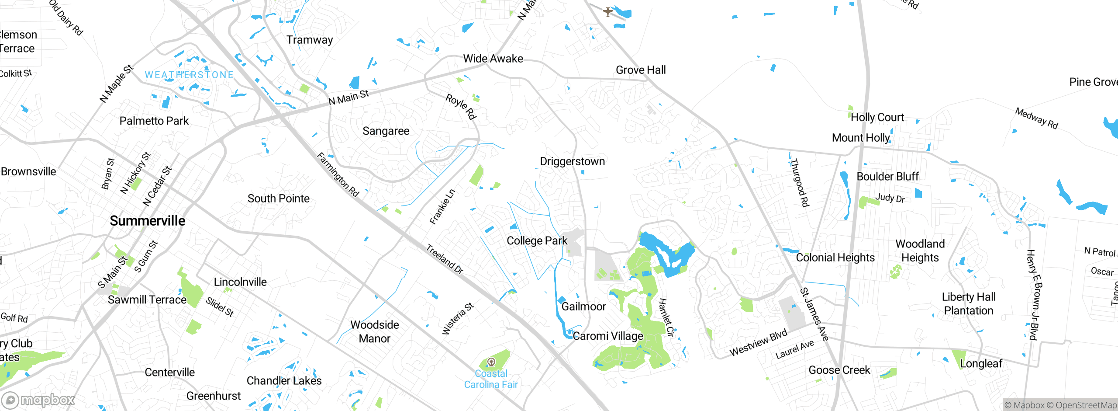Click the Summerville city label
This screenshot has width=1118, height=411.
[147, 221]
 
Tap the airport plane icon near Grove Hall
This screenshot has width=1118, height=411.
[607, 12]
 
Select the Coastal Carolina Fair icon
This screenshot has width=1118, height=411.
[491, 362]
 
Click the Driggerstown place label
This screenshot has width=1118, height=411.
[572, 161]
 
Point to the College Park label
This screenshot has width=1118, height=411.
[537, 241]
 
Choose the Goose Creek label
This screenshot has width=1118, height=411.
[839, 370]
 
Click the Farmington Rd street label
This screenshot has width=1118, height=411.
[338, 174]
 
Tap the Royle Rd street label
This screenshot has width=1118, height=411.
[461, 107]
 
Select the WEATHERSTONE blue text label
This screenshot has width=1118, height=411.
[189, 75]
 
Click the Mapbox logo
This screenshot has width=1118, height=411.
[38, 400]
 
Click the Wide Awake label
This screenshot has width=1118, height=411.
[493, 59]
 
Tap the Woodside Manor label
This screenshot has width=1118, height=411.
[375, 331]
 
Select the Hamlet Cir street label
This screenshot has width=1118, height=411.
[666, 317]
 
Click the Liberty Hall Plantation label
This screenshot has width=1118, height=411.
[969, 304]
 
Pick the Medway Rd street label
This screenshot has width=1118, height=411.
[1036, 118]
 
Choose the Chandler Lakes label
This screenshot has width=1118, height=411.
[284, 381]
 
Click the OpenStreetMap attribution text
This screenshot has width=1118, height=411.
[1086, 405]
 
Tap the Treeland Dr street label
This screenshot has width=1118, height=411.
[444, 259]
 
